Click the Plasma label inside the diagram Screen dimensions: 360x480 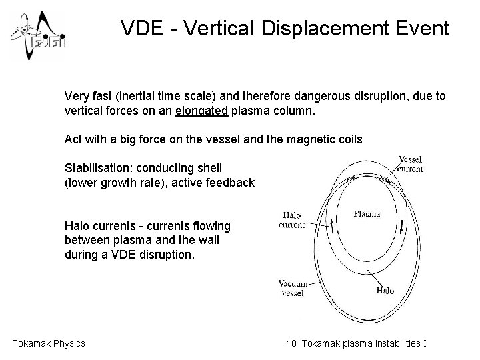[x=366, y=214]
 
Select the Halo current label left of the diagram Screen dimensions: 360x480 [x=292, y=220]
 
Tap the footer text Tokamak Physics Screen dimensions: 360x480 [x=49, y=343]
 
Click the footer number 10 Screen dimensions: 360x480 [x=291, y=343]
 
